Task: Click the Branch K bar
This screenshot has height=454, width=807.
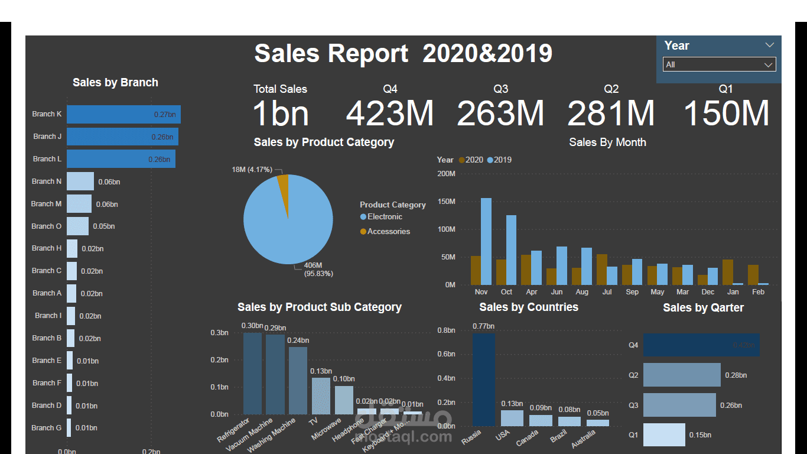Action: tap(123, 114)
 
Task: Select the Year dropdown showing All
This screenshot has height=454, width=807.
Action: tap(719, 64)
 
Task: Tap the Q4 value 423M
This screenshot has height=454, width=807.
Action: tap(389, 113)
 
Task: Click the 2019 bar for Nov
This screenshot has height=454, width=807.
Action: tap(486, 241)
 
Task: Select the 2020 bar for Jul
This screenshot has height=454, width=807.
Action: tap(601, 270)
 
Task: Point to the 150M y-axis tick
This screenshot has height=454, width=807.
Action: tap(446, 202)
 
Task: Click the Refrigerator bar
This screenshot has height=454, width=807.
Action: tap(252, 373)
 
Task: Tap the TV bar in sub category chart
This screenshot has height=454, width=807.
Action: tap(321, 395)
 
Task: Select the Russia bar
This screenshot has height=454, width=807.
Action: tap(483, 380)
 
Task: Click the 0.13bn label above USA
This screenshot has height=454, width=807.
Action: tap(512, 404)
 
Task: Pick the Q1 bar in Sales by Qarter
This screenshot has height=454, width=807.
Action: tap(664, 434)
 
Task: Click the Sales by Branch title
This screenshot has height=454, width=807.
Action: tap(115, 83)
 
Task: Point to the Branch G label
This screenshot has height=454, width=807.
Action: tap(46, 427)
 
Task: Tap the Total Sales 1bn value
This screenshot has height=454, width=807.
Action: tap(280, 113)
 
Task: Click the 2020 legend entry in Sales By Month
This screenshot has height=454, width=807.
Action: tap(470, 160)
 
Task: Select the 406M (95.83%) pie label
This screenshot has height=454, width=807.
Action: tap(318, 269)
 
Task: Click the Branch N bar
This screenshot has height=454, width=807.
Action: tap(80, 181)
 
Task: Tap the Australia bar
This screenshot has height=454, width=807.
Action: tap(597, 423)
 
